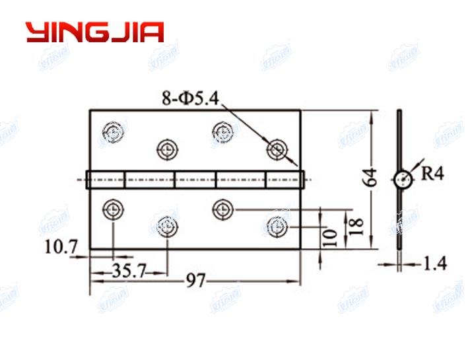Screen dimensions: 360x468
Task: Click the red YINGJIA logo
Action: coord(94,32)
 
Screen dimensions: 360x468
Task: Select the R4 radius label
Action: coord(433,174)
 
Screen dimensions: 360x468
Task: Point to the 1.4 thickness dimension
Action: coord(435,264)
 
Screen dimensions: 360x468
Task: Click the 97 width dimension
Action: coord(195,281)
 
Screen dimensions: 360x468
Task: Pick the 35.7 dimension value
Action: coord(129,270)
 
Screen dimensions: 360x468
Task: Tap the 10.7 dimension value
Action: coord(61,248)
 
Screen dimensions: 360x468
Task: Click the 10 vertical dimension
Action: coord(332,235)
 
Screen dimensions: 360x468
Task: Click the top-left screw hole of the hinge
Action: coord(114,131)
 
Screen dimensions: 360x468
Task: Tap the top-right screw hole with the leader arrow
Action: coord(277,149)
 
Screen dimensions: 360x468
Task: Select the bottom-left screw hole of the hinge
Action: coord(114,209)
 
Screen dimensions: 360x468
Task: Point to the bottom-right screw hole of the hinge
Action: coord(277,227)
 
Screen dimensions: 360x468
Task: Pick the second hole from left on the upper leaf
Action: coord(168,149)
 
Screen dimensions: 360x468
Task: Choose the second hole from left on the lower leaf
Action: coord(168,227)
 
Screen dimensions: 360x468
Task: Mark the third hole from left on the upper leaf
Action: coord(223,131)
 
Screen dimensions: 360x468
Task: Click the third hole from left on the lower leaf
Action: coord(223,209)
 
